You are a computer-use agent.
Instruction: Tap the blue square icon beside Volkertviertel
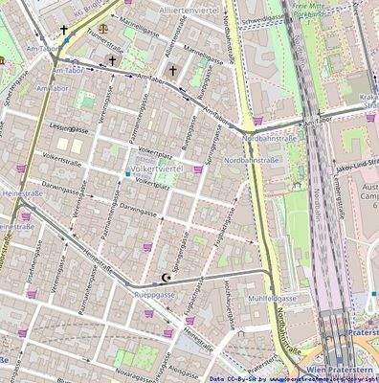click(x=126, y=174)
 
